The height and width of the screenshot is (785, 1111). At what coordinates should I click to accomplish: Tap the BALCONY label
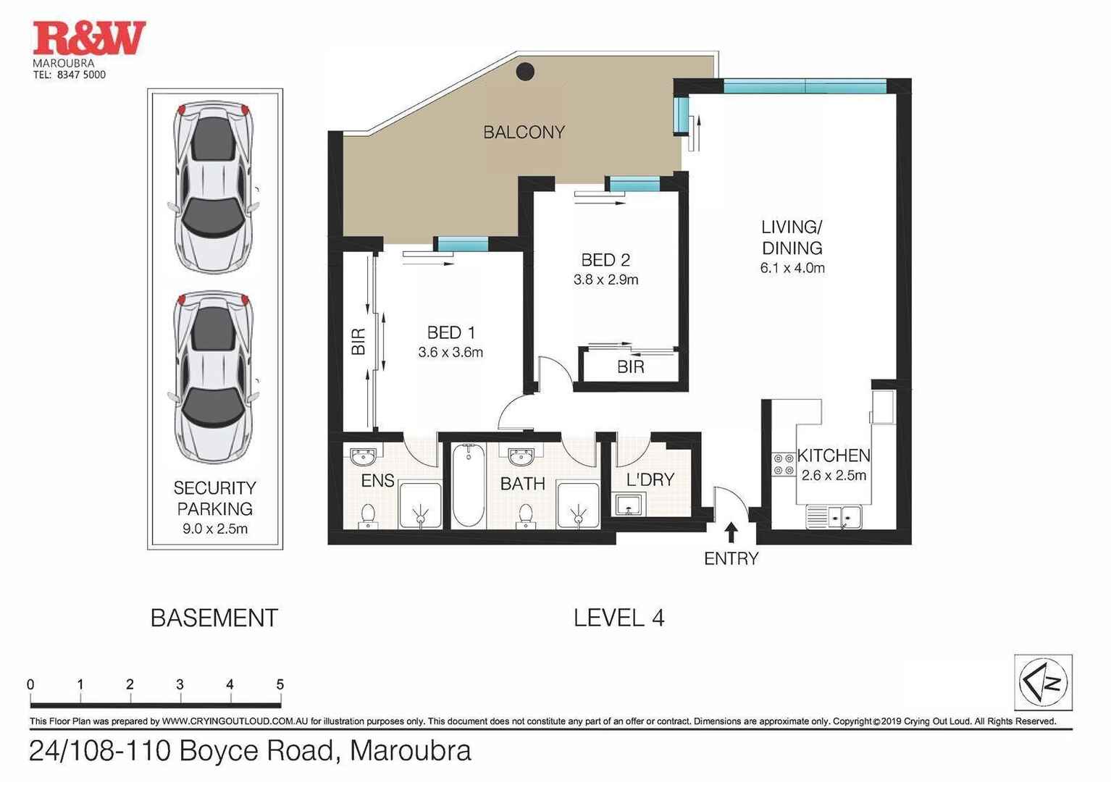(524, 133)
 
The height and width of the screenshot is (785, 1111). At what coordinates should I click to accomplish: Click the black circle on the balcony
(525, 71)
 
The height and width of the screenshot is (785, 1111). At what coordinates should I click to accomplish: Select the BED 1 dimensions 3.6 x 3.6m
(450, 353)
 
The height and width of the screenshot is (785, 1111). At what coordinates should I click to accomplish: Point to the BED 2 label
(605, 260)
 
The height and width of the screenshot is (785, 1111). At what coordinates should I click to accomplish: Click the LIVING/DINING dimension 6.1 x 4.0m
(792, 268)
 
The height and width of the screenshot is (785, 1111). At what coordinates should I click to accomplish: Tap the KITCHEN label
(834, 456)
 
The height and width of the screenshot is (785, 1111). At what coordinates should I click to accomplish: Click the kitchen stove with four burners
(783, 464)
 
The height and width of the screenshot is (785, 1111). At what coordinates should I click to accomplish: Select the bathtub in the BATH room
(469, 485)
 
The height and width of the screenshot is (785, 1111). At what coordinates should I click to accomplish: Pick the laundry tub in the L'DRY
(629, 504)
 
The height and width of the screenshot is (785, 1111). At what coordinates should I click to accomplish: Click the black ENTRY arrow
(731, 532)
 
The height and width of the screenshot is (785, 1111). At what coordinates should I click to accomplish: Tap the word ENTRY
(731, 558)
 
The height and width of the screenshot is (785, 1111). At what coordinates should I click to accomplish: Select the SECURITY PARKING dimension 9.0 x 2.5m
(215, 529)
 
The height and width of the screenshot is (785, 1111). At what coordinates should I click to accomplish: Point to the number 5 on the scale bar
(280, 684)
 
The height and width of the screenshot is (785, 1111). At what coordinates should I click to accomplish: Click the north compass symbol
(1043, 682)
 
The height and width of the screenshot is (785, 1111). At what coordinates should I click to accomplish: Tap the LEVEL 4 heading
(619, 618)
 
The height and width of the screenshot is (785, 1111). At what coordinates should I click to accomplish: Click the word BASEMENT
(214, 618)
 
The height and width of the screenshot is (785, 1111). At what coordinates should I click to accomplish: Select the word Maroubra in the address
(410, 751)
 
